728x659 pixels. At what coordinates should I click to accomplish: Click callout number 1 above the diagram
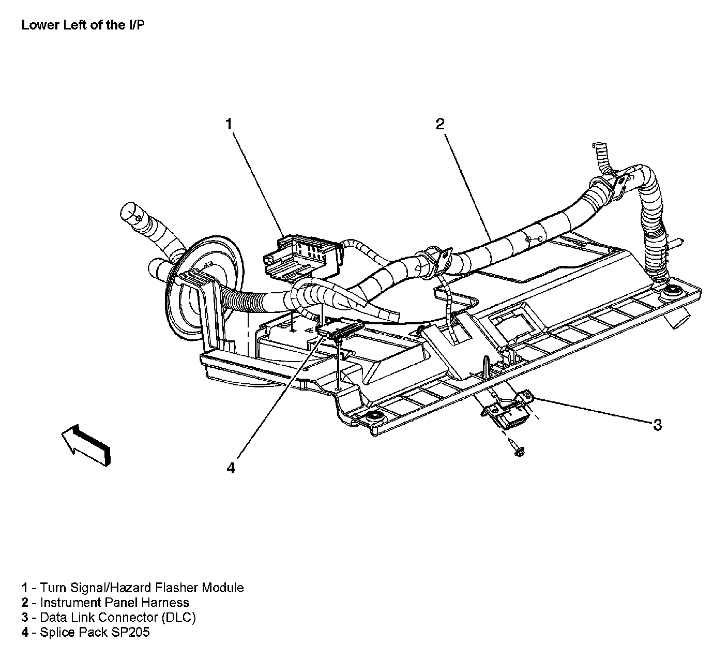[229, 124]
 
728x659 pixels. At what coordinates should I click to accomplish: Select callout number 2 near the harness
[439, 124]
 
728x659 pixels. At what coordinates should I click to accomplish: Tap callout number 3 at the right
[657, 425]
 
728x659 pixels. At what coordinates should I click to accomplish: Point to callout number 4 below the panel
[231, 468]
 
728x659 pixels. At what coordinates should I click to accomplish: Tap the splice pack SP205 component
[341, 329]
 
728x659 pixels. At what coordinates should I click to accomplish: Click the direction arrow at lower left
[86, 444]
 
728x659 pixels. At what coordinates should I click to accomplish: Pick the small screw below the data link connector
[517, 448]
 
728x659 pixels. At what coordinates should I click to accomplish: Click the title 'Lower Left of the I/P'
[83, 25]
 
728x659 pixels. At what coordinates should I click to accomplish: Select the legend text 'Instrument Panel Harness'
[114, 603]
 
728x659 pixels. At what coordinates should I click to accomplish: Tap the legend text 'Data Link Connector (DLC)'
[118, 617]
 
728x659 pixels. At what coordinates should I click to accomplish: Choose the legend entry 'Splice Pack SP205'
[95, 632]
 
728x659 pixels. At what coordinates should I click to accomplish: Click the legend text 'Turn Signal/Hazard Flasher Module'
[142, 588]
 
